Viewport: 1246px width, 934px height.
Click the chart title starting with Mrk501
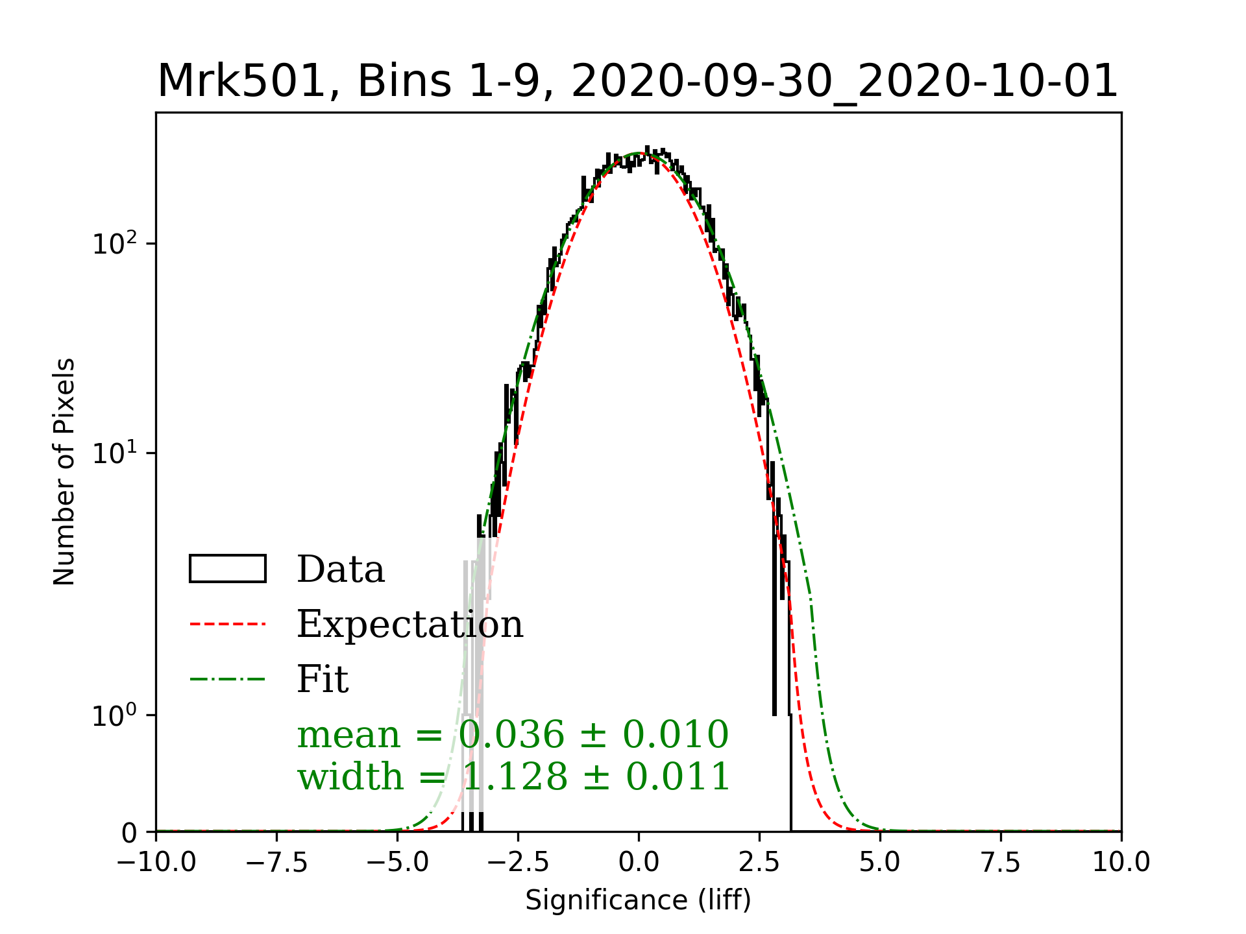tap(637, 82)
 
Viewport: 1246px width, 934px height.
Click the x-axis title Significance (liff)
tap(638, 900)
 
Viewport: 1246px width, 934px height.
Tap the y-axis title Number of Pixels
tap(64, 472)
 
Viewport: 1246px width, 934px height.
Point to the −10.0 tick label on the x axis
tap(156, 863)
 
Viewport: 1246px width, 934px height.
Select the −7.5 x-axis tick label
tap(277, 863)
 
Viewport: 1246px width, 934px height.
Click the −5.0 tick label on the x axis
tap(398, 863)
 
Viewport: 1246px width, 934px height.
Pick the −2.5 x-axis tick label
tap(519, 863)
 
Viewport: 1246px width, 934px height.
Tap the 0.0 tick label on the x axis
tap(639, 863)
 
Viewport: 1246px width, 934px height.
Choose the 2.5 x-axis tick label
tap(759, 863)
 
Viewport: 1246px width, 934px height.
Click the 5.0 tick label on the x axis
tap(880, 863)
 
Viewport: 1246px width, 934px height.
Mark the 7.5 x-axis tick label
tap(1001, 863)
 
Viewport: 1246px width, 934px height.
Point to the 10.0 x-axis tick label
tap(1121, 863)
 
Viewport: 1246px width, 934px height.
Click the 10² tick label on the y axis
tap(116, 244)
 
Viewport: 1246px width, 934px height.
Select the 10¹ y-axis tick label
tap(116, 453)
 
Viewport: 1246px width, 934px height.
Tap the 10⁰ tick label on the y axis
tap(116, 715)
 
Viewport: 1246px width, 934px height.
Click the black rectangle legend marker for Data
tap(227, 569)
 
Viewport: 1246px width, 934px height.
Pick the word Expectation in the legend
tap(409, 624)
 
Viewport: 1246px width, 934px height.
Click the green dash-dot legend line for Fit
tap(227, 679)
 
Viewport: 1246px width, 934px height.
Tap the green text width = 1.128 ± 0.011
tap(513, 776)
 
